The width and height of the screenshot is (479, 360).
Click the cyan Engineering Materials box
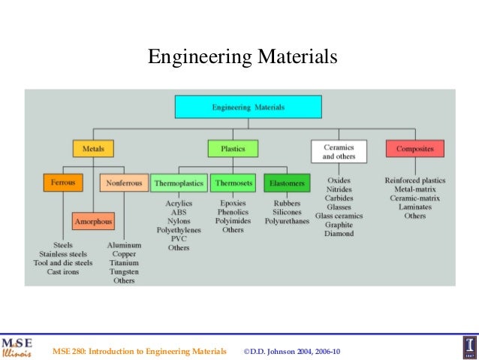click(248, 107)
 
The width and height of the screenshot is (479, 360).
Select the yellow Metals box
click(93, 149)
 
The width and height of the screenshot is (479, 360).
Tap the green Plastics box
click(233, 149)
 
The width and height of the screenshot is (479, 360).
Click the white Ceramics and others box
click(339, 151)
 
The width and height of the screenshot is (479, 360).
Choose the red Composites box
click(415, 149)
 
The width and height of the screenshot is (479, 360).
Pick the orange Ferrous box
click(63, 183)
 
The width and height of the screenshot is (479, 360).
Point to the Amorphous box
click(93, 222)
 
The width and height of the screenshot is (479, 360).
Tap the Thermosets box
click(233, 183)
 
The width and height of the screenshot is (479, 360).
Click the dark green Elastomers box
click(286, 183)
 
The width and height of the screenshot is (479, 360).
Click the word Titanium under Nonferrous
click(124, 262)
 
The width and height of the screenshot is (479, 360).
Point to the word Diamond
click(339, 234)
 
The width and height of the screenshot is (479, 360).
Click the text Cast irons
click(63, 271)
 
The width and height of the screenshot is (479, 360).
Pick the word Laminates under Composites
click(414, 207)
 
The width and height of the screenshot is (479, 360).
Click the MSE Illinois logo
click(17, 345)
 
